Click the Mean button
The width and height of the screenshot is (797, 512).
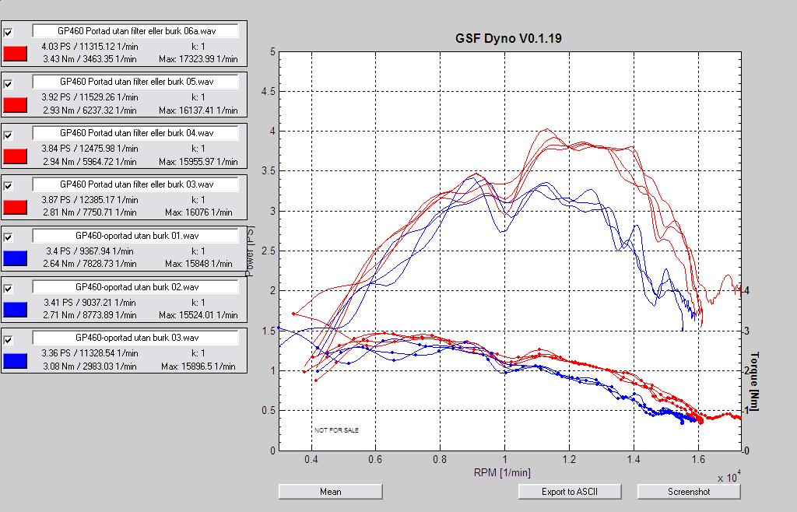(330, 492)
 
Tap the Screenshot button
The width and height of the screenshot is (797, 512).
(688, 492)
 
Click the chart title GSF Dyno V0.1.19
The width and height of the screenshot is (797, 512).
(507, 38)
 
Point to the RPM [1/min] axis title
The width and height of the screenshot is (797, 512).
(503, 472)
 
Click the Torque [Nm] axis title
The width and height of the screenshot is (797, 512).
(754, 381)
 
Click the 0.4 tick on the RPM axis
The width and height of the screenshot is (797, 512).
(311, 460)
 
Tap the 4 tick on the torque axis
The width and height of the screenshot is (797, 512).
(746, 290)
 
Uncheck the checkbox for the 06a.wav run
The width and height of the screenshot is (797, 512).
(9, 33)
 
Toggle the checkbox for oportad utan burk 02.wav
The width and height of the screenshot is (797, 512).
(9, 289)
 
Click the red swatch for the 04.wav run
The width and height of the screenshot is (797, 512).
(16, 156)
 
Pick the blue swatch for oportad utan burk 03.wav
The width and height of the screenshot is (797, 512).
(16, 361)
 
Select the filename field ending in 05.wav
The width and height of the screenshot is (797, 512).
(135, 82)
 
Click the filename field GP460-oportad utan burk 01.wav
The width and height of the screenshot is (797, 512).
(135, 236)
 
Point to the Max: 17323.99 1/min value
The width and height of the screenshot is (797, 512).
(198, 59)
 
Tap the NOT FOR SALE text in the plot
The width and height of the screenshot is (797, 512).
(336, 430)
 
